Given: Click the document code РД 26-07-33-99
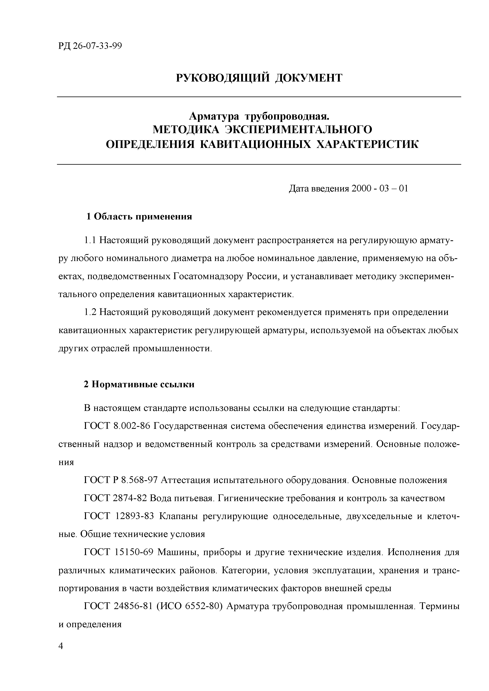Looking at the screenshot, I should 90,46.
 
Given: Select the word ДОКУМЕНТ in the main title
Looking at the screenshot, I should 309,78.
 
